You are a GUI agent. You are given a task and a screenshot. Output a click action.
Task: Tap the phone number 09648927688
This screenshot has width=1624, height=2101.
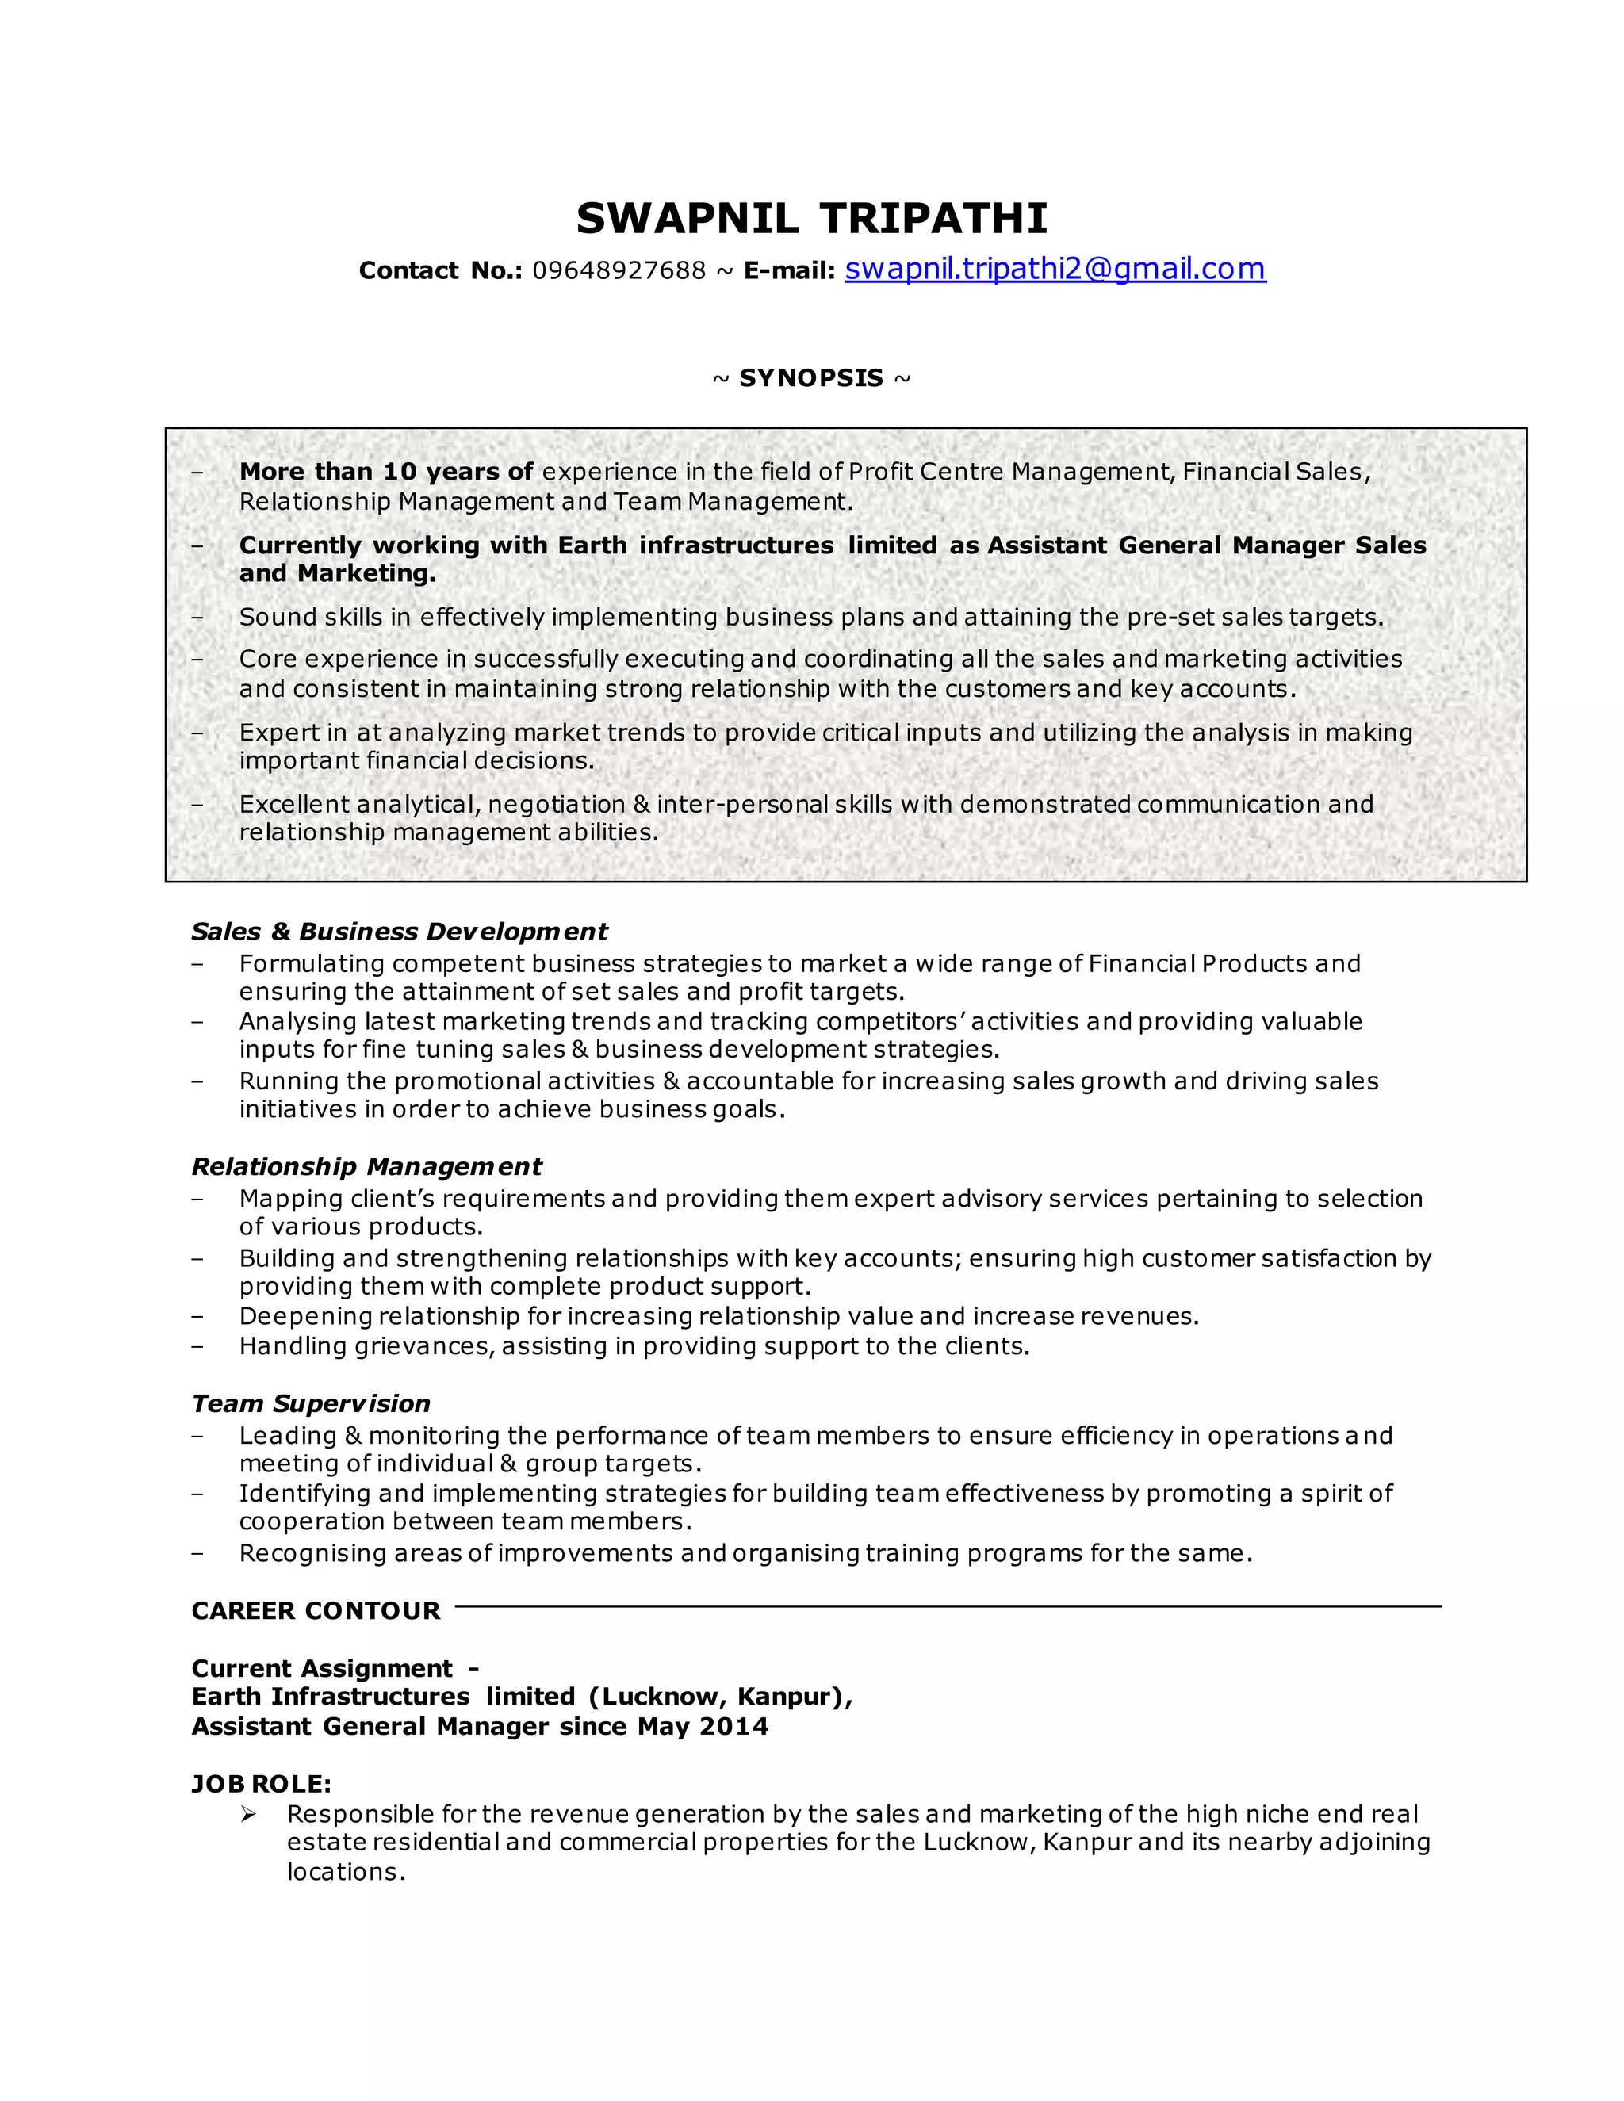[x=619, y=271]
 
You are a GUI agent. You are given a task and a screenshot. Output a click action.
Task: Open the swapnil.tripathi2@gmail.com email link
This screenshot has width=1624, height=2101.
[x=1055, y=270]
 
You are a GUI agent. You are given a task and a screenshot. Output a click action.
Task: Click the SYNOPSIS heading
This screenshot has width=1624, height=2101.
[x=811, y=378]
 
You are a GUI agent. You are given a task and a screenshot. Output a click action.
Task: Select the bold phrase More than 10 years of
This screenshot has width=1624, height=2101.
[x=386, y=472]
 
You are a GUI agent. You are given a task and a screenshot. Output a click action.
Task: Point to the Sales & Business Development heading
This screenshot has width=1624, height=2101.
[x=400, y=932]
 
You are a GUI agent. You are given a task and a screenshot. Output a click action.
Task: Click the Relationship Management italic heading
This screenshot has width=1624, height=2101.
[x=366, y=1167]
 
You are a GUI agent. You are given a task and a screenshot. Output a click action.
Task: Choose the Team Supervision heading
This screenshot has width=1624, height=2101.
[x=311, y=1403]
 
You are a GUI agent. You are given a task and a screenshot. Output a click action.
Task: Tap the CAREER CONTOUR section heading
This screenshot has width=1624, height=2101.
[x=316, y=1610]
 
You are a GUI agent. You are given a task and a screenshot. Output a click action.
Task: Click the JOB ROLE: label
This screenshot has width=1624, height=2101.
[x=262, y=1784]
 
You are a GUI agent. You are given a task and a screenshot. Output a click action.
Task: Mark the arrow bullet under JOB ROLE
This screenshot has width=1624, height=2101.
[x=248, y=1814]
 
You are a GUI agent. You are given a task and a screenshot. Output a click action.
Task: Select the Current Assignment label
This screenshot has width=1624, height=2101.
[x=322, y=1668]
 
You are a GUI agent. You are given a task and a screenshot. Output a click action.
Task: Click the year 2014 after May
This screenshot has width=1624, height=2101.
[x=734, y=1726]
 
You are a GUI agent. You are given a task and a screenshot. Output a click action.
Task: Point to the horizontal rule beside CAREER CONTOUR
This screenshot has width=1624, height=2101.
[x=948, y=1606]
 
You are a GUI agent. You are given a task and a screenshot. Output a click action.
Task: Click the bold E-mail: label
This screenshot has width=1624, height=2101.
[x=789, y=271]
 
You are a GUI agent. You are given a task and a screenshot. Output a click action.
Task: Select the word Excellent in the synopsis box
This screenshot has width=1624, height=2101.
[x=294, y=804]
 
